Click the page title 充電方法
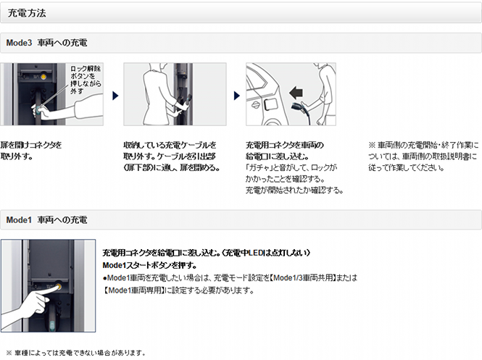(x=27, y=13)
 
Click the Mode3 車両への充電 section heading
(x=46, y=43)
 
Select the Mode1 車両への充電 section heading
(x=46, y=220)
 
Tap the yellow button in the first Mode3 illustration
(x=43, y=75)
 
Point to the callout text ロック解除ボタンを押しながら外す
(x=86, y=80)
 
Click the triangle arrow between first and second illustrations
(x=115, y=96)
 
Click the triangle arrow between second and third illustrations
(x=237, y=96)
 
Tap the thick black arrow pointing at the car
(x=296, y=92)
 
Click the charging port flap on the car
(x=271, y=104)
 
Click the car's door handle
(x=255, y=105)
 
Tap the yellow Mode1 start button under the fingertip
(x=58, y=287)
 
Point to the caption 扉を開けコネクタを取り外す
(x=31, y=151)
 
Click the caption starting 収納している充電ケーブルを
(x=172, y=156)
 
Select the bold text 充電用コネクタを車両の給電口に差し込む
(x=285, y=151)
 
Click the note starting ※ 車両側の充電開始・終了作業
(x=423, y=156)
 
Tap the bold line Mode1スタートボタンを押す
(x=150, y=265)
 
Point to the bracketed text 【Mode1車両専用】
(x=133, y=290)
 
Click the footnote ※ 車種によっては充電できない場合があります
(x=75, y=353)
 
